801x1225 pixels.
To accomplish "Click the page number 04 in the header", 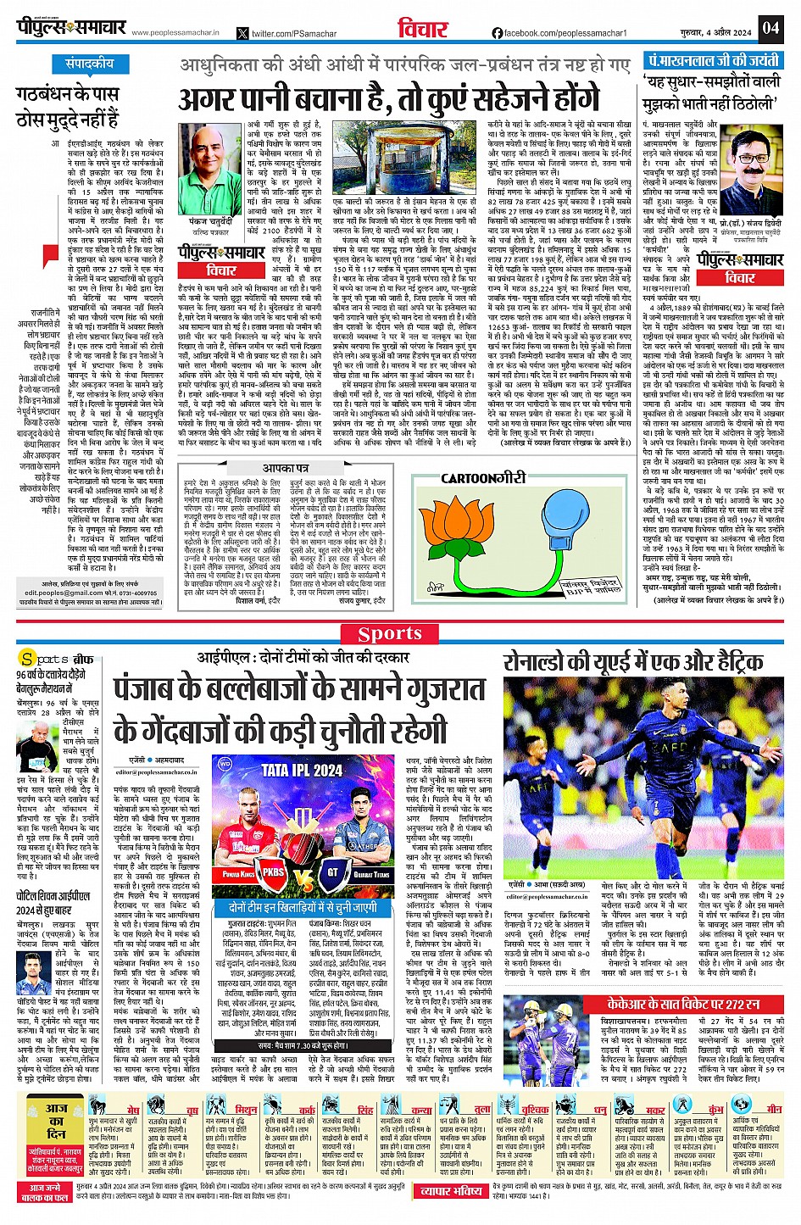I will pyautogui.click(x=770, y=28).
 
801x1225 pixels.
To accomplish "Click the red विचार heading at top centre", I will pyautogui.click(x=424, y=29).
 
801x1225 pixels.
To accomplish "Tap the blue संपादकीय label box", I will pyautogui.click(x=89, y=64).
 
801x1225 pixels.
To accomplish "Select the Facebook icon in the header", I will pyautogui.click(x=498, y=33).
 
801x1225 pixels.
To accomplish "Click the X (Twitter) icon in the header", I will pyautogui.click(x=244, y=33).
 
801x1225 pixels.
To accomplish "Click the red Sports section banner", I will pyautogui.click(x=389, y=633).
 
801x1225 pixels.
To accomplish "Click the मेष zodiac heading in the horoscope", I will pyautogui.click(x=133, y=1110).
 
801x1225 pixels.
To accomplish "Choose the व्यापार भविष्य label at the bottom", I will pyautogui.click(x=452, y=1190).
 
